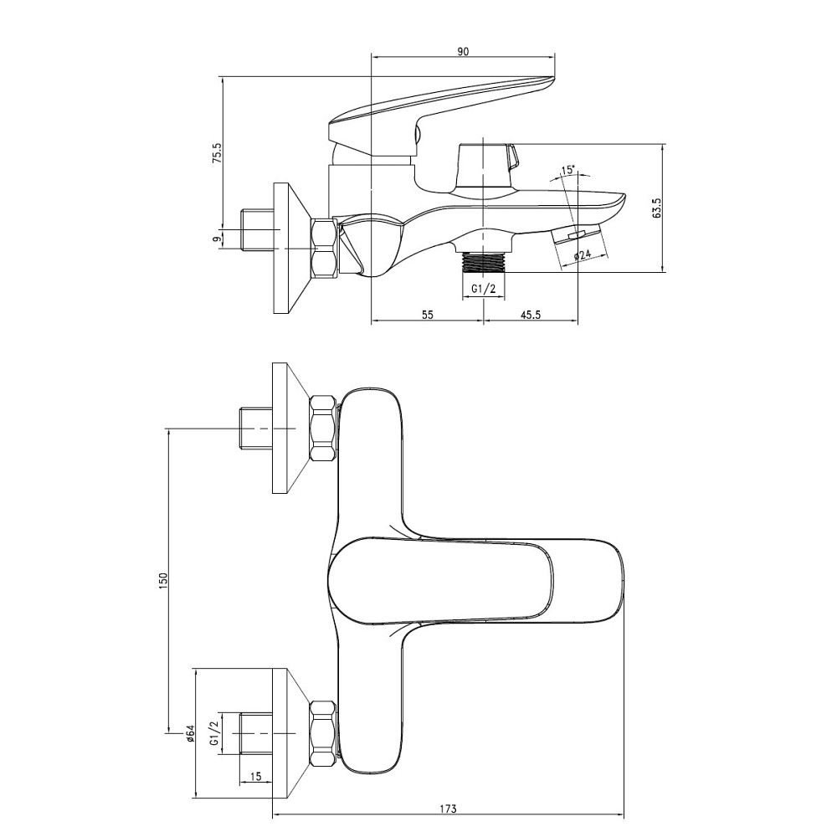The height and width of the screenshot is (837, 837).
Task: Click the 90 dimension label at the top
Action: [463, 51]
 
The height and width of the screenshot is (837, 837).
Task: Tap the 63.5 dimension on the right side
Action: [657, 208]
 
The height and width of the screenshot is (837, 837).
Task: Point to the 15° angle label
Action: [567, 171]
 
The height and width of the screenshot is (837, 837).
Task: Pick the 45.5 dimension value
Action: [531, 315]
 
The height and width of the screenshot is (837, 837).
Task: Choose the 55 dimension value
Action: [427, 315]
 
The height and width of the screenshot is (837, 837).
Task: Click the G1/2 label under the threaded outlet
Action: [484, 289]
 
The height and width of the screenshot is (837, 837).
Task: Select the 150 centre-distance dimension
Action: [164, 579]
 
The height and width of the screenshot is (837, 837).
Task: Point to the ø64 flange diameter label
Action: [190, 735]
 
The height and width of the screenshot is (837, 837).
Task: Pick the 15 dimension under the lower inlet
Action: [256, 778]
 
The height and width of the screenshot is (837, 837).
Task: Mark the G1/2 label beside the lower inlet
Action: [214, 734]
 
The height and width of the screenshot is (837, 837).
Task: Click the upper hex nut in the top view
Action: [323, 428]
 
